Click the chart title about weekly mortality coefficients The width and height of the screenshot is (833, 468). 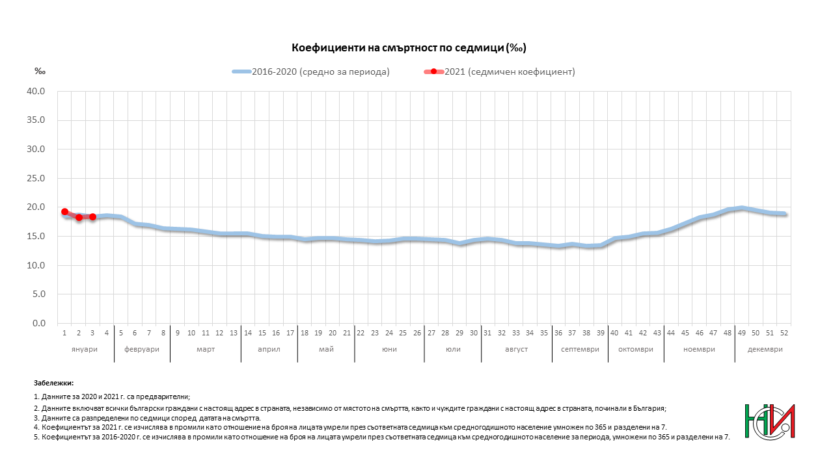click(x=408, y=48)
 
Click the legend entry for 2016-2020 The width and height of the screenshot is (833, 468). click(x=311, y=71)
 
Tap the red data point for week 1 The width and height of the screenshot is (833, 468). click(x=64, y=212)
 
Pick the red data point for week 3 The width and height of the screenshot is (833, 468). click(x=92, y=216)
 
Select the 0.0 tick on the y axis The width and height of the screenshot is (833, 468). click(x=39, y=323)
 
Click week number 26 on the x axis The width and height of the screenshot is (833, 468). click(x=416, y=333)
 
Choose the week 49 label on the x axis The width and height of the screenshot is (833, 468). click(x=741, y=333)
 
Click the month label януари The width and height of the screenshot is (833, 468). click(x=85, y=349)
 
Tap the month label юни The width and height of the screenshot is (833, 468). click(x=389, y=349)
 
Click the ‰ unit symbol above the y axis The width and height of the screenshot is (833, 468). click(x=38, y=71)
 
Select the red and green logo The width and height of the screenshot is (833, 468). click(x=770, y=421)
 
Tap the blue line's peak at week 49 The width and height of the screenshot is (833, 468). click(x=741, y=208)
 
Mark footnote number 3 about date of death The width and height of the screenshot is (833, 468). click(x=146, y=418)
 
